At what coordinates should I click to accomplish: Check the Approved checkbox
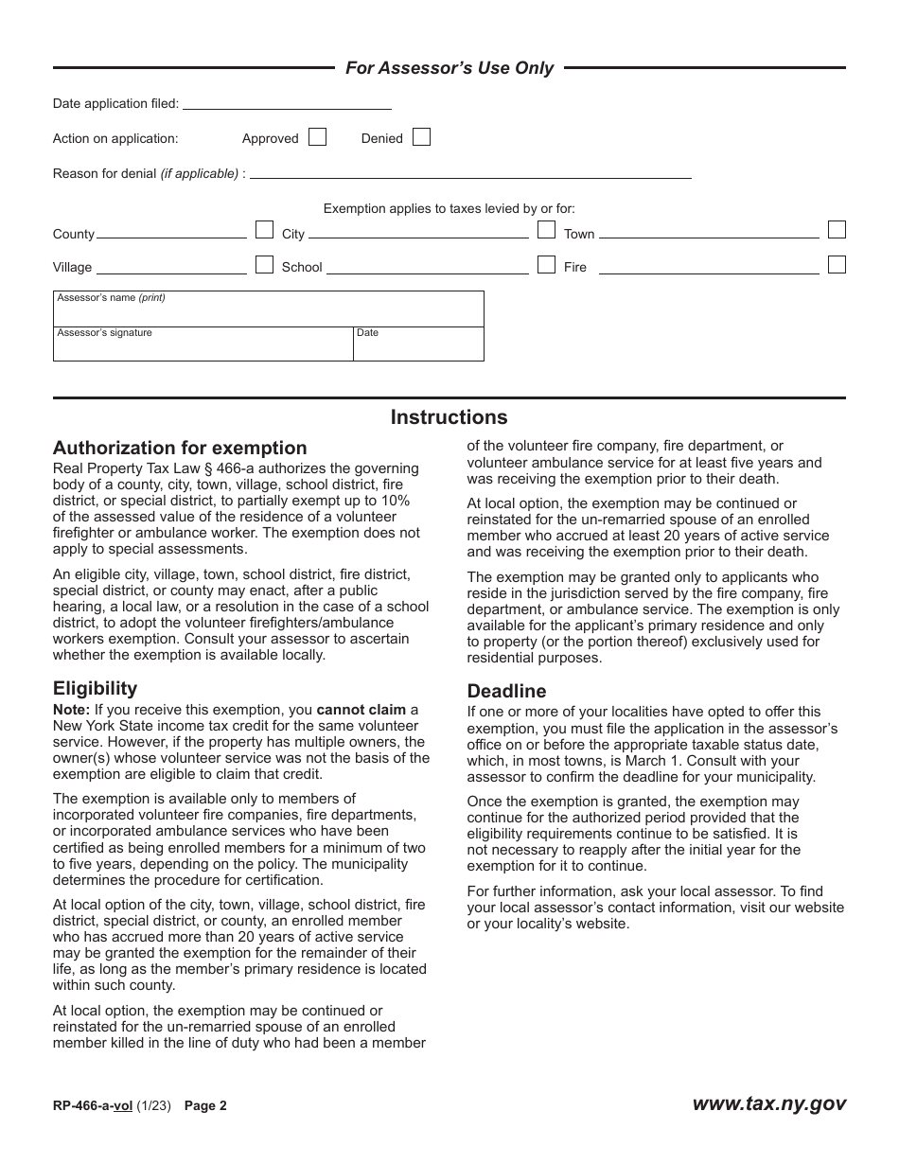pos(318,137)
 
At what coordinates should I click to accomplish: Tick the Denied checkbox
pos(421,137)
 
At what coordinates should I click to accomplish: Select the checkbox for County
pos(265,230)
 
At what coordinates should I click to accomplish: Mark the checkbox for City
pos(546,230)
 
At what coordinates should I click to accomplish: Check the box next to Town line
pos(837,230)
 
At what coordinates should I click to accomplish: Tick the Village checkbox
pos(265,264)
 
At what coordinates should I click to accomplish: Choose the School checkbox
pos(546,264)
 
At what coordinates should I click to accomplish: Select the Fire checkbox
pos(837,264)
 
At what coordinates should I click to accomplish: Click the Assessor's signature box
pos(203,346)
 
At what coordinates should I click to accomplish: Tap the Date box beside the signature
pos(418,346)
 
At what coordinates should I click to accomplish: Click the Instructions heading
pos(449,417)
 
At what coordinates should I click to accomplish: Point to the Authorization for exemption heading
pos(180,449)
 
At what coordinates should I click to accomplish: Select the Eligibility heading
pos(95,689)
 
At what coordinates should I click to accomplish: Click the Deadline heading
pos(506,691)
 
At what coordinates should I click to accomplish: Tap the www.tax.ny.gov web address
pos(768,1103)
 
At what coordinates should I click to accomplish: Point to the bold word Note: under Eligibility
pos(72,710)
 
